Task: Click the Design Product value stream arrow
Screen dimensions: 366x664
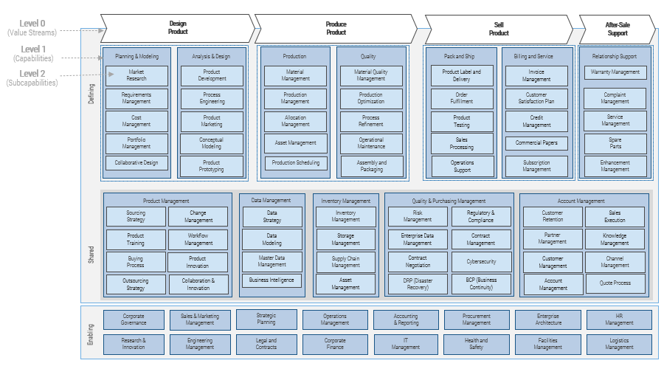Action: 178,28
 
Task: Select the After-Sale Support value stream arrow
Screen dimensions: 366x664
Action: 616,28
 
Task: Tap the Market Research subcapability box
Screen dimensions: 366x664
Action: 136,75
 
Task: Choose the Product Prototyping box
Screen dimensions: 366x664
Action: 212,166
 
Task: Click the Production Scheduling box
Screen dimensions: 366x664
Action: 295,162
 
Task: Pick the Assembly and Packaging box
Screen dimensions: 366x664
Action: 371,166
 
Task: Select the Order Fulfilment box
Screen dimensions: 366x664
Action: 462,98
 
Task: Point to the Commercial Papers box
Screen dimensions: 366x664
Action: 536,142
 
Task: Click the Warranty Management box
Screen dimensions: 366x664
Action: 615,72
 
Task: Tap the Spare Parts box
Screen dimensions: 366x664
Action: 615,143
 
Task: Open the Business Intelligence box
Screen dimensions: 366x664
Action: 272,280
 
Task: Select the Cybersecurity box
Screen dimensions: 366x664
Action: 481,261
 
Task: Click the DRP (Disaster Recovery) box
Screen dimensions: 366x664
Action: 418,283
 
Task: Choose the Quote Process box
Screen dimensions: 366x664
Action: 615,283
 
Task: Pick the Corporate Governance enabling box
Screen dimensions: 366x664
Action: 134,320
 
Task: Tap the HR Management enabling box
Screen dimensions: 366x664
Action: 619,320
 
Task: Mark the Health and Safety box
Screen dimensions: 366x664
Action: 476,344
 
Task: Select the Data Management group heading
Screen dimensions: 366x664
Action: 272,200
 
